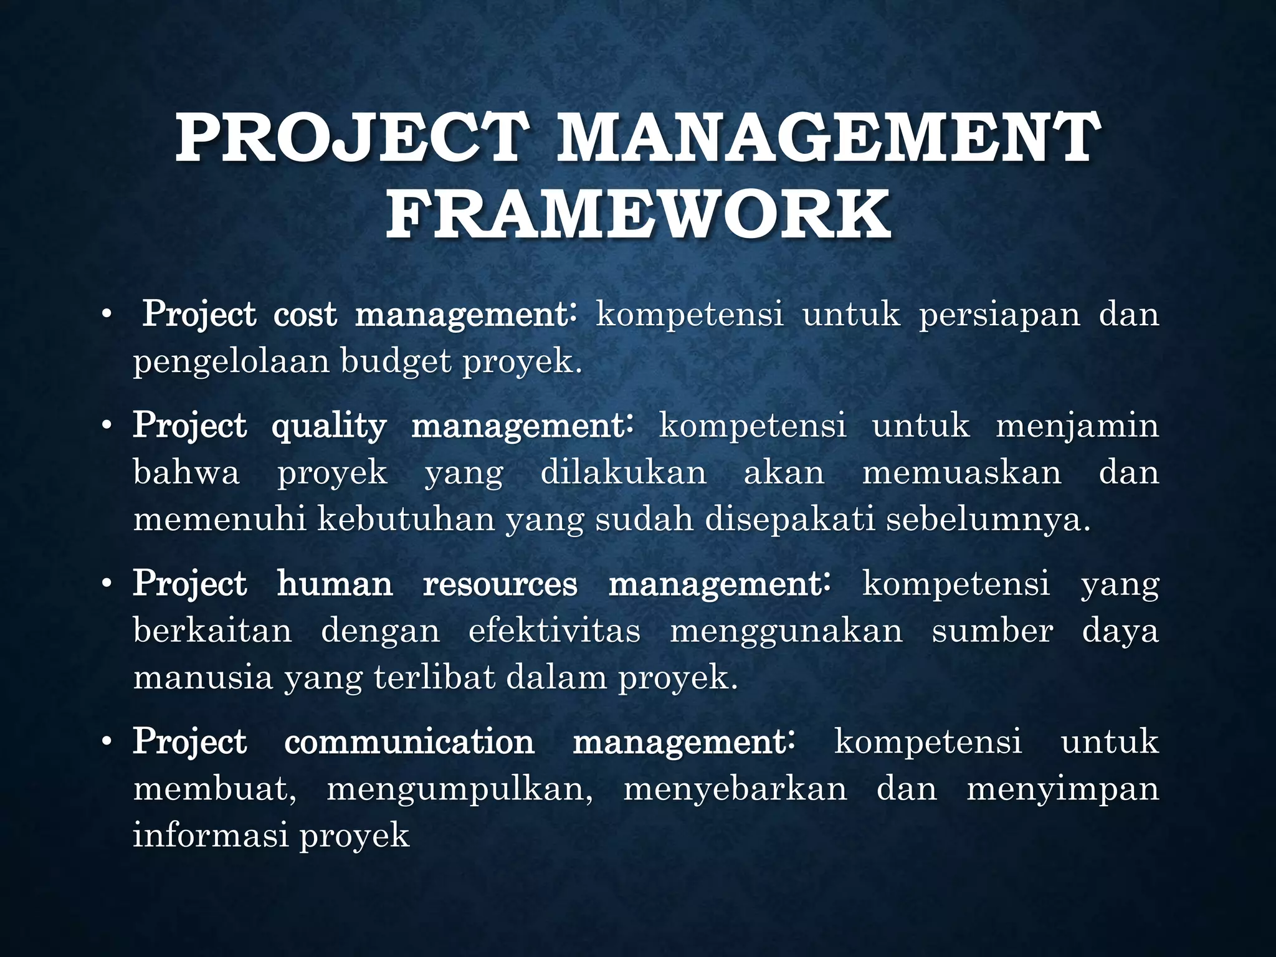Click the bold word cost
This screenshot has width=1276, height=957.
tap(305, 314)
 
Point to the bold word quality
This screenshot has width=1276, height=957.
tap(329, 427)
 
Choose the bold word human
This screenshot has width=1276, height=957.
tap(335, 584)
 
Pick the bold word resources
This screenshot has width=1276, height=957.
tap(500, 584)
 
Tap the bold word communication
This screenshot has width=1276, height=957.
tap(409, 742)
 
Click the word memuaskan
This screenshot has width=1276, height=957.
tap(961, 472)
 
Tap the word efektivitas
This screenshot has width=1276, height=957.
tap(554, 631)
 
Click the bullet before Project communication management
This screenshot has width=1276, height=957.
tap(107, 743)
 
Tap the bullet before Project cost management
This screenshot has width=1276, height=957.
tap(107, 315)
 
